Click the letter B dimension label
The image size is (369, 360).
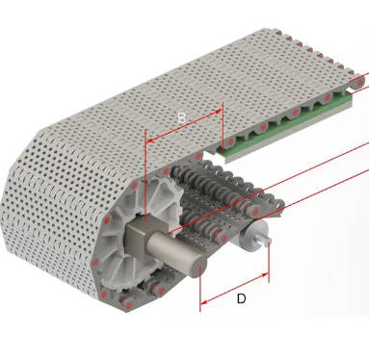(x=181, y=118)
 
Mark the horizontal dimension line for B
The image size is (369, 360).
(x=183, y=135)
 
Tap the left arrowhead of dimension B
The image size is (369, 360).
(x=148, y=140)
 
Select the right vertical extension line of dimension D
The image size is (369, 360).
(x=269, y=265)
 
